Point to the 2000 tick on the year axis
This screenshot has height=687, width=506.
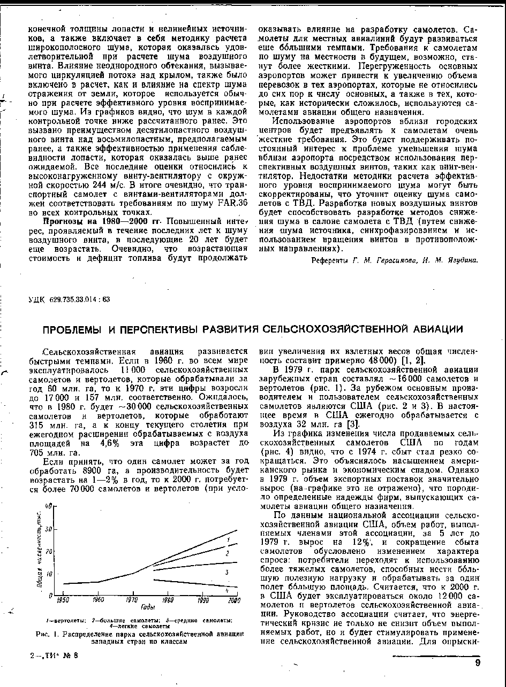point(233,601)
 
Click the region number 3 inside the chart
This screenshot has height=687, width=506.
point(227,572)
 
